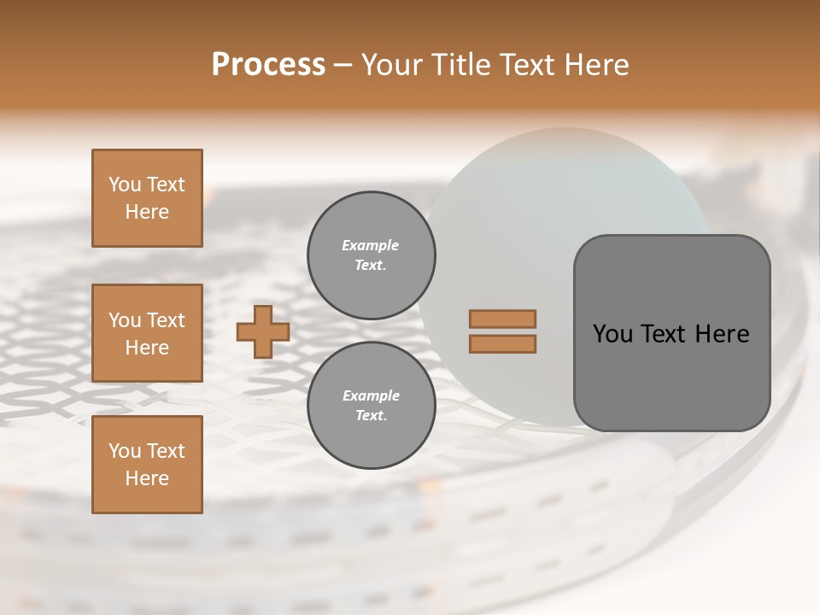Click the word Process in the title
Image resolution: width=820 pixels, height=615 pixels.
pyautogui.click(x=268, y=65)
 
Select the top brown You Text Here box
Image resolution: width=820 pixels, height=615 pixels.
pyautogui.click(x=147, y=198)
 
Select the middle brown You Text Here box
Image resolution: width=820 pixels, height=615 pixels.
pyautogui.click(x=147, y=333)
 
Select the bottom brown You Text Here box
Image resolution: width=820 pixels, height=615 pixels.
pyautogui.click(x=147, y=465)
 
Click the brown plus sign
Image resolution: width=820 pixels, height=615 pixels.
pyautogui.click(x=263, y=331)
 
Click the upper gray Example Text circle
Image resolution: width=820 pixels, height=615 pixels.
pyautogui.click(x=372, y=255)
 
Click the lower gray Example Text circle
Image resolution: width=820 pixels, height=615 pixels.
pyautogui.click(x=372, y=406)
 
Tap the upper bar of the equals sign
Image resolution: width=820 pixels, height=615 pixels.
pyautogui.click(x=503, y=319)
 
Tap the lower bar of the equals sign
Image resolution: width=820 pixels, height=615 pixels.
pyautogui.click(x=503, y=343)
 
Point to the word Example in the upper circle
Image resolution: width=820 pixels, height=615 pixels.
pyautogui.click(x=370, y=245)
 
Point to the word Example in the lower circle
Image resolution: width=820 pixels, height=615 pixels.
pyautogui.click(x=371, y=395)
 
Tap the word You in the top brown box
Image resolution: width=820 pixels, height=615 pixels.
pyautogui.click(x=124, y=184)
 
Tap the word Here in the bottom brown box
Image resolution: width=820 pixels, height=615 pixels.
pyautogui.click(x=147, y=478)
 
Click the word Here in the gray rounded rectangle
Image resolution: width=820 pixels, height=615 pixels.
pyautogui.click(x=722, y=334)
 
